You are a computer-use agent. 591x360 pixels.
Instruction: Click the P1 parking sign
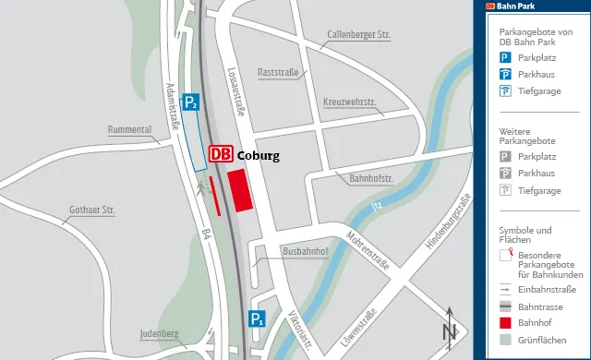coord(257,320)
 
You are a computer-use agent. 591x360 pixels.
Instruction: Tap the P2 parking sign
coord(190,102)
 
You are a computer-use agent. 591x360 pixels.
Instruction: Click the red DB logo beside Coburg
coord(221,155)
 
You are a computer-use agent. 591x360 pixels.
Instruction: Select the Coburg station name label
coord(258,156)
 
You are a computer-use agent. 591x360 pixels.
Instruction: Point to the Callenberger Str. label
coord(359,35)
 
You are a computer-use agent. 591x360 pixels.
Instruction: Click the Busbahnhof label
coord(306,251)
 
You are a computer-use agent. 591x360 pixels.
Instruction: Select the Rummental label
coord(129,129)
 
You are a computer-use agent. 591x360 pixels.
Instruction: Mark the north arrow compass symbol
coord(450,327)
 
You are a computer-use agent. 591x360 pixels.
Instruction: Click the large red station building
coord(241,189)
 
